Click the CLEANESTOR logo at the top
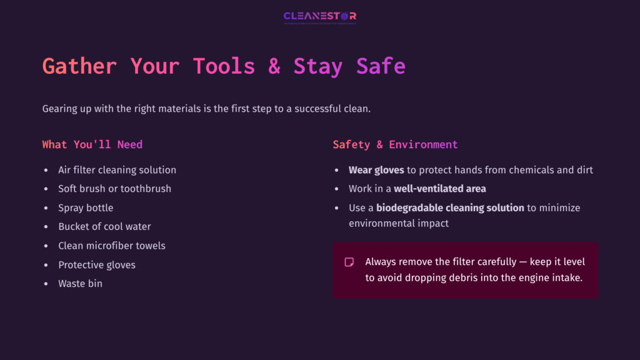point(319,17)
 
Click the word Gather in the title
point(79,66)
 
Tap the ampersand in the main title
point(274,66)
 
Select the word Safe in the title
point(381,66)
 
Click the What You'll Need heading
point(92,144)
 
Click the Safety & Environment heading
point(395,144)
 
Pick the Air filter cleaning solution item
point(117,170)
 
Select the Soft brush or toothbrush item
point(114,189)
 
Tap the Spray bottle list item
point(86,207)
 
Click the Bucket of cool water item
point(104,226)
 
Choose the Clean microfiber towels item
point(112,246)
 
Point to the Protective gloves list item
point(97,265)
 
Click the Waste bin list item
point(80,284)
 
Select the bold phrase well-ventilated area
point(439,189)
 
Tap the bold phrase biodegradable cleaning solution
point(450,207)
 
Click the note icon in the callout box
point(349,262)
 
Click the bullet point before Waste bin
point(46,284)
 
